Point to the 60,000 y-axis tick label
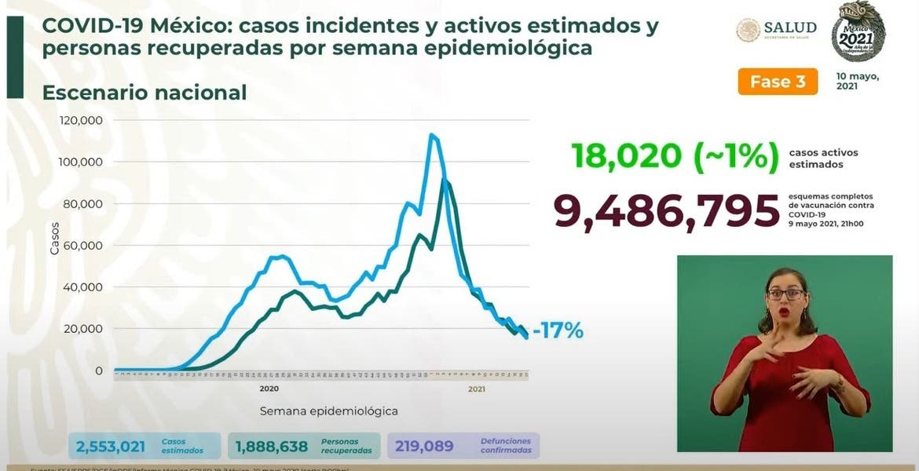(x=84, y=245)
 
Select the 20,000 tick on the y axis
(x=84, y=328)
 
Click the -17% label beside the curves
(x=558, y=331)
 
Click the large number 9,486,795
(x=662, y=211)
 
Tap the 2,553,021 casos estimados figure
(x=111, y=446)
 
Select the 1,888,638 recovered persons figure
(x=273, y=446)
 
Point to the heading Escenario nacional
(x=145, y=93)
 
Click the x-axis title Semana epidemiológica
(x=329, y=411)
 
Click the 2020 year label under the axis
(x=269, y=389)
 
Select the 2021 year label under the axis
(x=475, y=389)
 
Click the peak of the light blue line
(x=431, y=135)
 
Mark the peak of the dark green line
(x=445, y=180)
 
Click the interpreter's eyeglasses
(x=785, y=294)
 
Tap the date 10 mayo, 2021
(x=857, y=82)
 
